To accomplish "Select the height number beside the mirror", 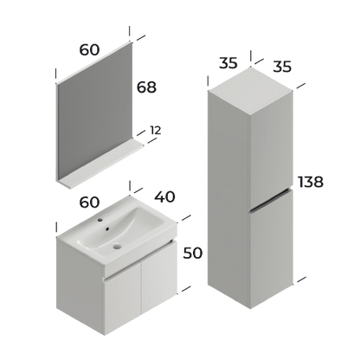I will coord(148,87).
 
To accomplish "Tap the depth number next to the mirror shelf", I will coord(157,131).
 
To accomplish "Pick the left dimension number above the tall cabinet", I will coord(228,64).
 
